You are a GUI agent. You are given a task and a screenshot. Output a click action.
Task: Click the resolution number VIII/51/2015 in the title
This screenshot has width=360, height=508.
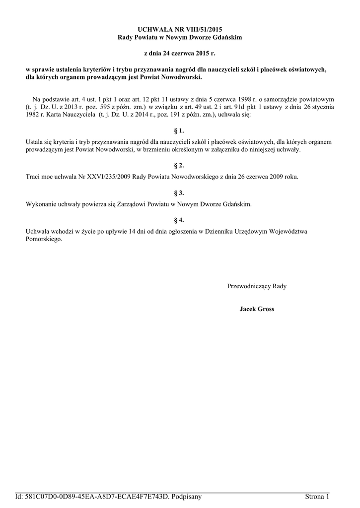click(197, 30)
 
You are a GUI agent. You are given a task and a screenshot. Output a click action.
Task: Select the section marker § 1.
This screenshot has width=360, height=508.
click(180, 131)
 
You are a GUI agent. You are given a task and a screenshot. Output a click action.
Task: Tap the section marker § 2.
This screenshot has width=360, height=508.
click(180, 165)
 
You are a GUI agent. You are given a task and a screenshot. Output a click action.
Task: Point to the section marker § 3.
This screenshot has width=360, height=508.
click(180, 192)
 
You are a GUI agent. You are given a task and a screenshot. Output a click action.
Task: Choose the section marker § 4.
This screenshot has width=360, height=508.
click(180, 220)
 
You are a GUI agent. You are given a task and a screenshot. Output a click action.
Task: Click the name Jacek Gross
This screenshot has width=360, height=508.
click(257, 309)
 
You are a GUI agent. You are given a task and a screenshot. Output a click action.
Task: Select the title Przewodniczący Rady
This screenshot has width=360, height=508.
click(257, 286)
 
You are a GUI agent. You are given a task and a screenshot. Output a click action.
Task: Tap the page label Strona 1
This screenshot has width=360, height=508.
click(317, 497)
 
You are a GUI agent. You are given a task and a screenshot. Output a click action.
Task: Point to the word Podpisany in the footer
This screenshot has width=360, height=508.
click(186, 497)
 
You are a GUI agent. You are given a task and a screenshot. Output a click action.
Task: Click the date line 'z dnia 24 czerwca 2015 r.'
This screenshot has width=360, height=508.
click(180, 52)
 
